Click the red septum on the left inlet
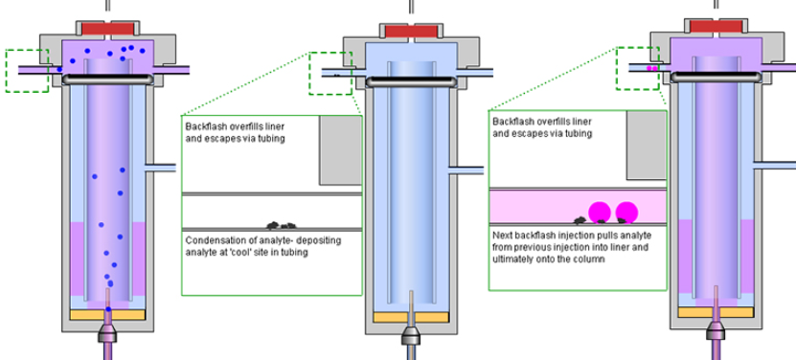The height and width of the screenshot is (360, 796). coord(107,29)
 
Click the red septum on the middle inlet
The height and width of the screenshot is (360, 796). coord(411,32)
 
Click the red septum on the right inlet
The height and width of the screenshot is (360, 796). coord(716,27)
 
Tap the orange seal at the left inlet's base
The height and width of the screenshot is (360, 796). coord(107,315)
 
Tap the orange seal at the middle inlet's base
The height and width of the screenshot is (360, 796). coord(411,317)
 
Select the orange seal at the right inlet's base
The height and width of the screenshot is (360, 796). coord(716,312)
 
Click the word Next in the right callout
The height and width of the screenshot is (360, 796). coord(502,236)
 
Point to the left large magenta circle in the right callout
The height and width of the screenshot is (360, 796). coord(600,212)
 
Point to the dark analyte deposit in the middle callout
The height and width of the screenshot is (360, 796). coord(282,225)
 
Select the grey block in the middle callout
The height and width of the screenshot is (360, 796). coord(341,150)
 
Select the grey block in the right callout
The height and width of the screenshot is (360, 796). coord(647,146)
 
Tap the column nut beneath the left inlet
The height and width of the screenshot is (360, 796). coord(107,333)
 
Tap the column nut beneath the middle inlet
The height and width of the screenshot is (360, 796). coord(411,336)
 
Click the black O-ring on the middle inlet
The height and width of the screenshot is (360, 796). coord(411,81)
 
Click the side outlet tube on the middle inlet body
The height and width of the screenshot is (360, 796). coord(466,170)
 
